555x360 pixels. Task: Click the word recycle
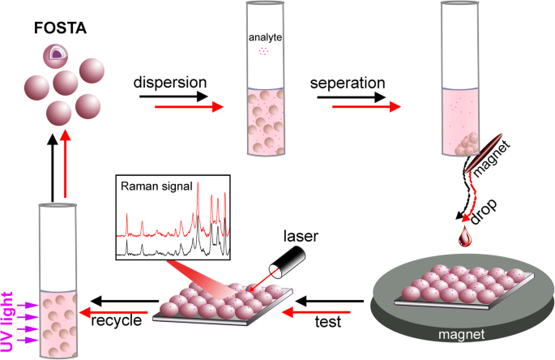pos(118,321)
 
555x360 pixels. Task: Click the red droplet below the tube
pos(466,236)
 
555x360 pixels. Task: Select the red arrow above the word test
pos(327,309)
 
